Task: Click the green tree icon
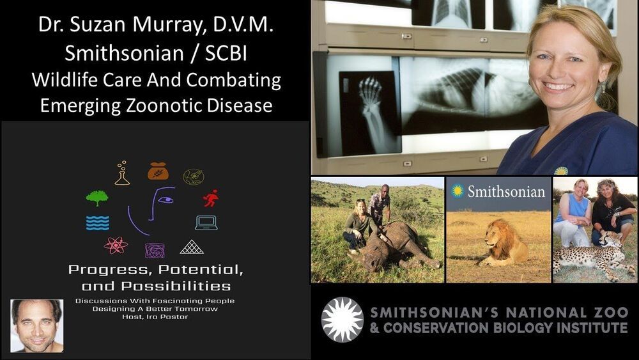tap(97, 198)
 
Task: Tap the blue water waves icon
tap(97, 223)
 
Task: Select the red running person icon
tap(211, 199)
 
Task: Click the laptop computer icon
tap(206, 223)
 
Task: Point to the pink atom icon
tap(116, 246)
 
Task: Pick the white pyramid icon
tap(192, 247)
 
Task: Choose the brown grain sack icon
tap(158, 171)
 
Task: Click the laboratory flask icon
tap(122, 173)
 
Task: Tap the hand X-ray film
tap(370, 113)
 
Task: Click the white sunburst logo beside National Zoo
tap(343, 319)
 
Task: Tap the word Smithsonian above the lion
tap(506, 191)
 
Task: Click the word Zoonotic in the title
tap(164, 106)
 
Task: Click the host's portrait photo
tap(36, 325)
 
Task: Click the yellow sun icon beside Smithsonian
tap(458, 191)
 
